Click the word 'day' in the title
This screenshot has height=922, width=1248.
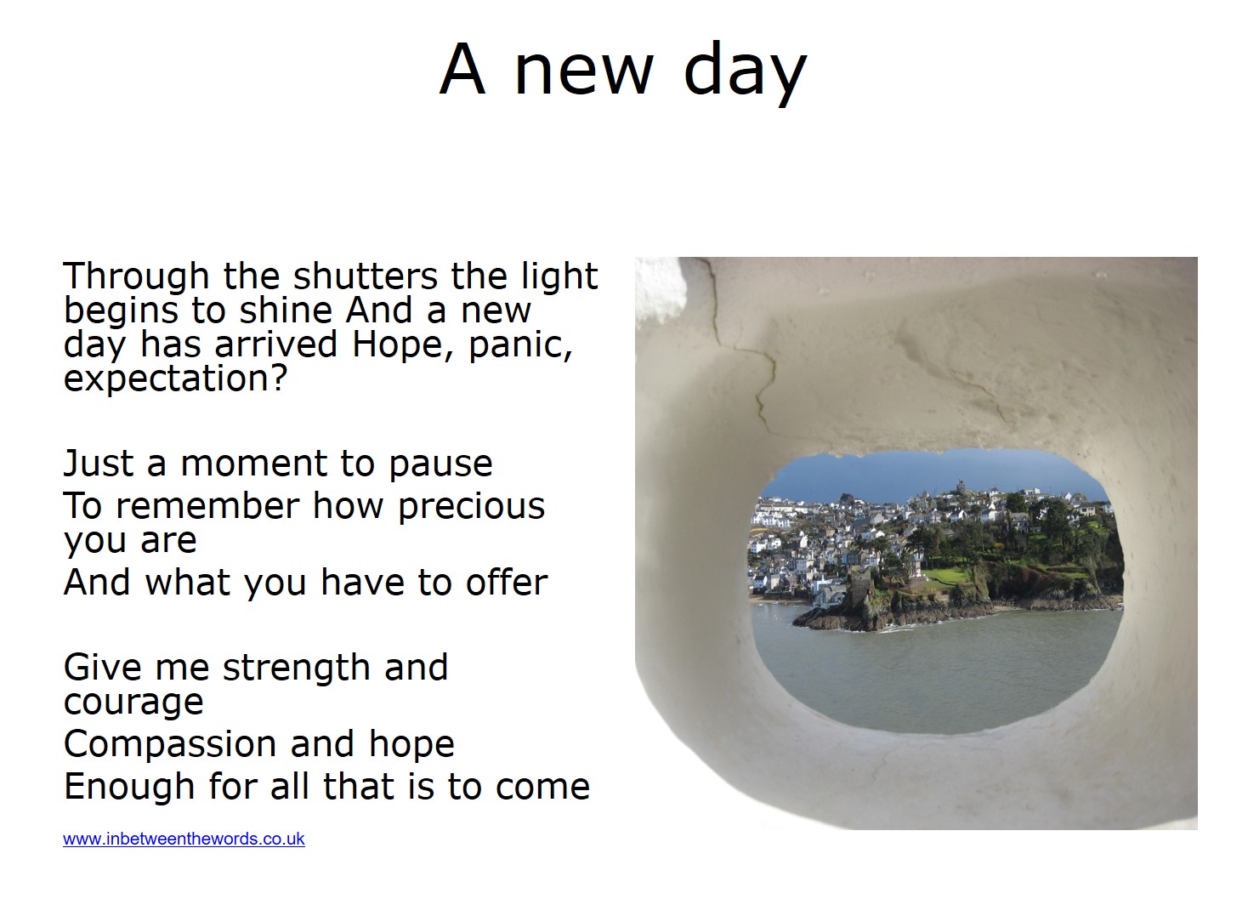click(x=745, y=72)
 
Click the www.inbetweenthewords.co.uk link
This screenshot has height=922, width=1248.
click(x=184, y=839)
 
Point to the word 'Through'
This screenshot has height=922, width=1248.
click(x=137, y=277)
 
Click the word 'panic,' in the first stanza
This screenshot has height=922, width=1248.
click(x=521, y=344)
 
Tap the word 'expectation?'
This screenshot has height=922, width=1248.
click(x=175, y=378)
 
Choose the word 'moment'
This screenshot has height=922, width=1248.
click(x=254, y=464)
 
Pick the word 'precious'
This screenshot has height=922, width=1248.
click(x=472, y=507)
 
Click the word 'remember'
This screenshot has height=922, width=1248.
click(x=207, y=505)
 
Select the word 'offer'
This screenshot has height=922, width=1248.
click(x=507, y=582)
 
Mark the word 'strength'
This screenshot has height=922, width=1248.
click(x=297, y=669)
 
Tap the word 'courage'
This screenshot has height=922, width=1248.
click(x=133, y=703)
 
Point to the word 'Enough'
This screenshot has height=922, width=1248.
click(x=129, y=787)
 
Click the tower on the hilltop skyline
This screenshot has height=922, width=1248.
click(x=961, y=486)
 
